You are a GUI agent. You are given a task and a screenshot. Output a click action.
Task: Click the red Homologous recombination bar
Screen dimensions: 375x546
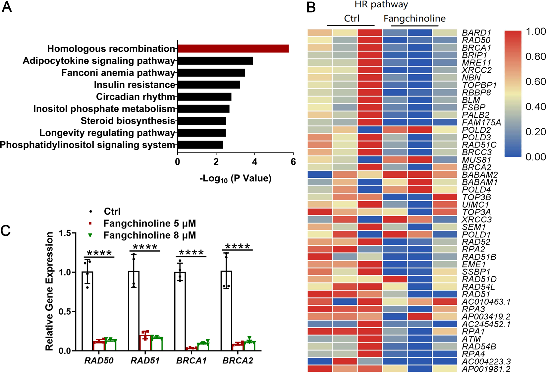[x=233, y=49]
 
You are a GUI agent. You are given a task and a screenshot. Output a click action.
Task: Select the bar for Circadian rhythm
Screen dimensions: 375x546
[x=204, y=97]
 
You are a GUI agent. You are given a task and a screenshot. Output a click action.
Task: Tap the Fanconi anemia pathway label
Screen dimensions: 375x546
[x=118, y=73]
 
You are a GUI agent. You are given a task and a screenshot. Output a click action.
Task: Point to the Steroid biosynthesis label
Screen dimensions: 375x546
[x=128, y=121]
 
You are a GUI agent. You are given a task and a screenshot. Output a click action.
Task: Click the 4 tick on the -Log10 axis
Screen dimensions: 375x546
[x=254, y=162]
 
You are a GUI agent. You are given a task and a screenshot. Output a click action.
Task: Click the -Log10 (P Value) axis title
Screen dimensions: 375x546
[x=235, y=179]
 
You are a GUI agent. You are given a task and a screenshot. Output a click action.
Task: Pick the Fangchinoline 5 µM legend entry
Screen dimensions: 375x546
[x=149, y=223]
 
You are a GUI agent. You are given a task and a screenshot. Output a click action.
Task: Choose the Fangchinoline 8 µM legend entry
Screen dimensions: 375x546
[x=149, y=235]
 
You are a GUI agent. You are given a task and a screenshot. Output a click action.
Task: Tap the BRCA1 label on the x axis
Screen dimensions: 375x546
[x=191, y=361]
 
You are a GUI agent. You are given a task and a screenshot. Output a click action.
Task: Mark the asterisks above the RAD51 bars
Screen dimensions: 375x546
[x=145, y=247]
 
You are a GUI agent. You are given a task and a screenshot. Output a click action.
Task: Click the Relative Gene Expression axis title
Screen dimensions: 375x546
[x=49, y=291]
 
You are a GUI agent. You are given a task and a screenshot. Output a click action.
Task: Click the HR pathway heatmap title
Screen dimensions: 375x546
[x=381, y=5]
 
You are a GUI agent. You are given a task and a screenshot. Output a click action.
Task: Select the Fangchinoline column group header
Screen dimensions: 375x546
[x=414, y=19]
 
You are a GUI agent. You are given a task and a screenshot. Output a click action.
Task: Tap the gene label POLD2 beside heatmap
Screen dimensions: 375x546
[x=476, y=130]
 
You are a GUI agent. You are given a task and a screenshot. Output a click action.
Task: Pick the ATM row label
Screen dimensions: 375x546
[x=471, y=339]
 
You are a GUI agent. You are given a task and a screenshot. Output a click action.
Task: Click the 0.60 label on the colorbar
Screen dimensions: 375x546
[x=535, y=82]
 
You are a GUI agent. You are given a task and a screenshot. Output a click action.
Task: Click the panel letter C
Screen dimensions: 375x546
[x=6, y=230]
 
